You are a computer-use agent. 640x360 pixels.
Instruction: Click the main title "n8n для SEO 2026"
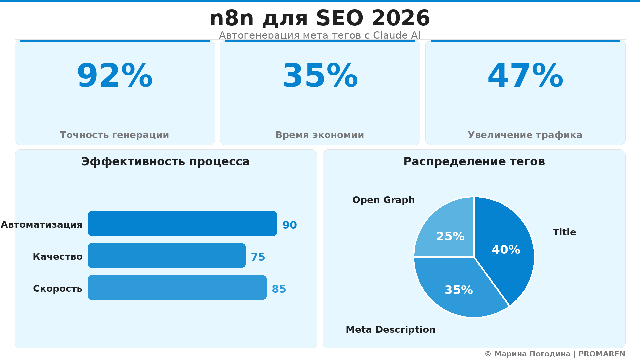coord(320,18)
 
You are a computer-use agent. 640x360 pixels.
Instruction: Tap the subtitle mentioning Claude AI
coord(320,35)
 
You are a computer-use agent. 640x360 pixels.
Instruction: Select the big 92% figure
coord(115,76)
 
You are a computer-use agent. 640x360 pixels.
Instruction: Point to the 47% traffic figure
coord(525,76)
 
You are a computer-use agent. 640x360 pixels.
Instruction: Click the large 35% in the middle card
coord(320,76)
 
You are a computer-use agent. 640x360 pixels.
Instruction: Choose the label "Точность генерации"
coord(114,135)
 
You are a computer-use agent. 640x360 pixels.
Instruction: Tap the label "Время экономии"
coord(320,135)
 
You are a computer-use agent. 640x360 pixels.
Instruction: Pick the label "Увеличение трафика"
coord(525,135)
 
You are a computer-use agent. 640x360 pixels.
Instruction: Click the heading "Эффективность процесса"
coord(165,162)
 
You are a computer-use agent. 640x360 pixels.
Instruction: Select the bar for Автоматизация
coord(182,223)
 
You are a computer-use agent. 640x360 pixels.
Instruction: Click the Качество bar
coord(167,255)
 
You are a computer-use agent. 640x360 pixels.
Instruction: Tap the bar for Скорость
coord(177,287)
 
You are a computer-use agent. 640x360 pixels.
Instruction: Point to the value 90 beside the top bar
coord(289,225)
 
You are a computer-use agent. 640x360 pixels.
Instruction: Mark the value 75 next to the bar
coord(258,257)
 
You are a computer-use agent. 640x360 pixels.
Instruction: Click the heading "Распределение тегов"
coord(474,162)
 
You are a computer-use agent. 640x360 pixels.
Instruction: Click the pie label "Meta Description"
coord(390,330)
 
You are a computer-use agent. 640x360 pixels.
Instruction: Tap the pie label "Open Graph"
coord(383,200)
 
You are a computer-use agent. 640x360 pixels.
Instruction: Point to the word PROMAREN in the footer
coord(602,354)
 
